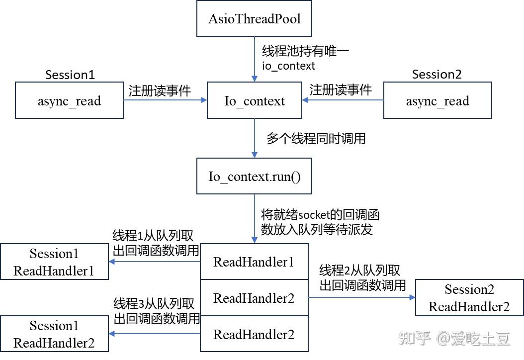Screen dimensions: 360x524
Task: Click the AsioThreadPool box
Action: (254, 18)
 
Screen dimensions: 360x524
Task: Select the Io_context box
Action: (254, 100)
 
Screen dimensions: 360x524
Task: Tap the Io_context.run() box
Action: (254, 176)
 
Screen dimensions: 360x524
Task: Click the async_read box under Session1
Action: (69, 100)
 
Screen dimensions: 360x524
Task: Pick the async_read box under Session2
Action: (437, 100)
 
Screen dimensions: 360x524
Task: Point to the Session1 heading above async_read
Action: (70, 75)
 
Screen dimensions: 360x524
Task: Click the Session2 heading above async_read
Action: (437, 75)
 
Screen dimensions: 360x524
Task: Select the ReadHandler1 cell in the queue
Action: (254, 262)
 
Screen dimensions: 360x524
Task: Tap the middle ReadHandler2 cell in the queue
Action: (254, 298)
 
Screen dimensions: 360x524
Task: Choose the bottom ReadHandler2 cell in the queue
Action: (254, 334)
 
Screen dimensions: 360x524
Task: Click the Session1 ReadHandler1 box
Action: (54, 262)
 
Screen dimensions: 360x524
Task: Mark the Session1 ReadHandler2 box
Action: (54, 334)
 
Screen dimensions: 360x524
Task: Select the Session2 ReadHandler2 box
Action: (469, 298)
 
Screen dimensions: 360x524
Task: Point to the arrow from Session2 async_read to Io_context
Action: (343, 100)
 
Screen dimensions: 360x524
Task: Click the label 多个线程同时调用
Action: (316, 138)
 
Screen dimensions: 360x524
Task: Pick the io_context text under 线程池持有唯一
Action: (288, 66)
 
